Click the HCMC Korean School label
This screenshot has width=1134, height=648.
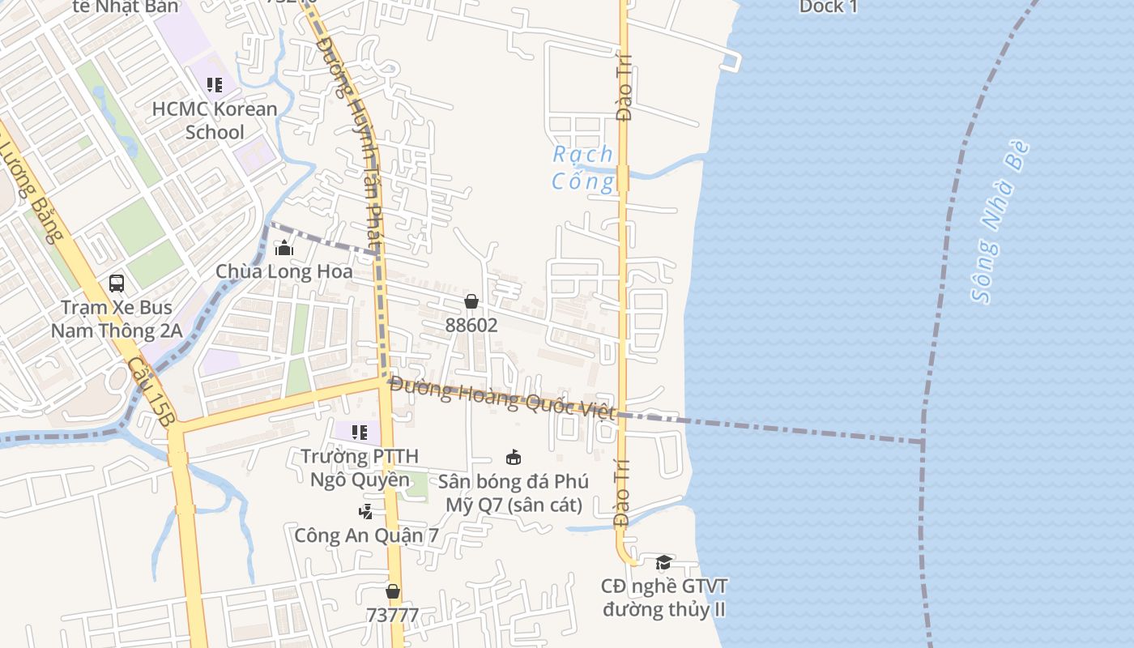pyautogui.click(x=215, y=120)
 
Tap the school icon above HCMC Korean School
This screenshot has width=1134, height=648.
pyautogui.click(x=215, y=84)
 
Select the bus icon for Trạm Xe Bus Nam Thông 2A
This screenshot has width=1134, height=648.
pyautogui.click(x=117, y=283)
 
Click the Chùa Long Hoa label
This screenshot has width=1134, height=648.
pyautogui.click(x=283, y=271)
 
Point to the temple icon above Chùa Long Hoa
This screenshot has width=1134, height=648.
pyautogui.click(x=283, y=247)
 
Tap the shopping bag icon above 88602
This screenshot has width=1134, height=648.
pyautogui.click(x=471, y=301)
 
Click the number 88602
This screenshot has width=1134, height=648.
pyautogui.click(x=471, y=325)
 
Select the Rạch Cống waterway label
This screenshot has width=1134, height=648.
pyautogui.click(x=583, y=168)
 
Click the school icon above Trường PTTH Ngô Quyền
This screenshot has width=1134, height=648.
pyautogui.click(x=360, y=433)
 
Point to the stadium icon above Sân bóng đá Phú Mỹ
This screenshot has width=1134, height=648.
pyautogui.click(x=513, y=458)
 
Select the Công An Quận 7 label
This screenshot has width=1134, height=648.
pyautogui.click(x=366, y=535)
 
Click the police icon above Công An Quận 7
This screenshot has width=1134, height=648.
pyautogui.click(x=366, y=511)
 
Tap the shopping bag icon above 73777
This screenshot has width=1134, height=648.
pyautogui.click(x=393, y=591)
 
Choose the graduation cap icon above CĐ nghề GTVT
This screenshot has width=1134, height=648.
pyautogui.click(x=663, y=562)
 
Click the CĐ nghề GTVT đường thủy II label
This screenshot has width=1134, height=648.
pyautogui.click(x=663, y=598)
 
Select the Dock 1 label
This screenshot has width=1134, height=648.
pyautogui.click(x=828, y=7)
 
